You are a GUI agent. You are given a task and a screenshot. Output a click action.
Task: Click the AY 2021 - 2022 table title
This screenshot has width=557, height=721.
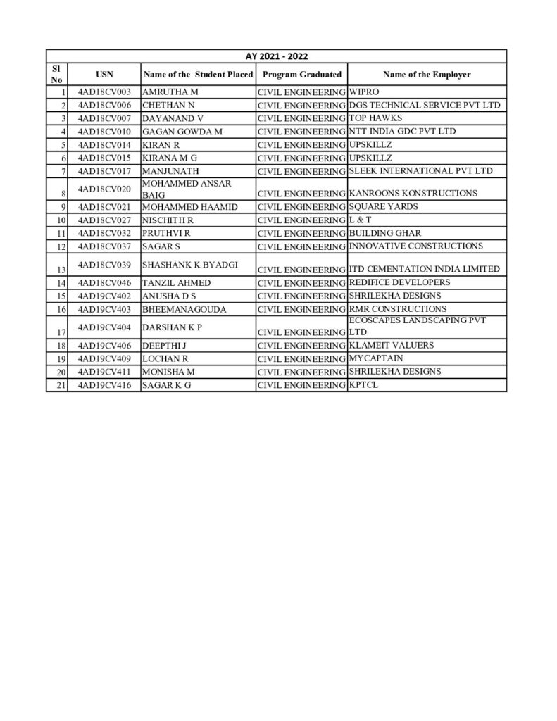pos(276,56)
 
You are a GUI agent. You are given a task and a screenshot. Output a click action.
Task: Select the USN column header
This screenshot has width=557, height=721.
pos(104,74)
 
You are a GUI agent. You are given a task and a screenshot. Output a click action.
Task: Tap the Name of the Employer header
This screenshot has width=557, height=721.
pos(427,74)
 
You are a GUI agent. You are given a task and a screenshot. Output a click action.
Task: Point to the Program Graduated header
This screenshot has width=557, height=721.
pos(301,74)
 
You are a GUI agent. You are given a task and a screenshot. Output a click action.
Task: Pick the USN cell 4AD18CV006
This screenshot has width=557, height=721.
pos(104,105)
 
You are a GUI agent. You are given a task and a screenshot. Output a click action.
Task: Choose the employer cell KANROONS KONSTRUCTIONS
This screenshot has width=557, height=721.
pos(413,193)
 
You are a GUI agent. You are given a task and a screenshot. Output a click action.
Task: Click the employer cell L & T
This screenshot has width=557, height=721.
pos(360,220)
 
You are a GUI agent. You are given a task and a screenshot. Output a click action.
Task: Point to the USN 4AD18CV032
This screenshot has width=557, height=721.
pos(104,232)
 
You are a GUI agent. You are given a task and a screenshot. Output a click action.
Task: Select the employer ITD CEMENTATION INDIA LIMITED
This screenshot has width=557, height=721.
pos(424,269)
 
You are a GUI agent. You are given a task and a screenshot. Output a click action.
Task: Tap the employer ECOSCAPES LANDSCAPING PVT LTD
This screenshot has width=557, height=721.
pos(418,326)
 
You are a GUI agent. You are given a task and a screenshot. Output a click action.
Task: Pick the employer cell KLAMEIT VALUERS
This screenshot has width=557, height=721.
pos(392,345)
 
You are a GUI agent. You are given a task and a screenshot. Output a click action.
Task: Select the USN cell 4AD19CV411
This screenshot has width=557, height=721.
pos(104,372)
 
